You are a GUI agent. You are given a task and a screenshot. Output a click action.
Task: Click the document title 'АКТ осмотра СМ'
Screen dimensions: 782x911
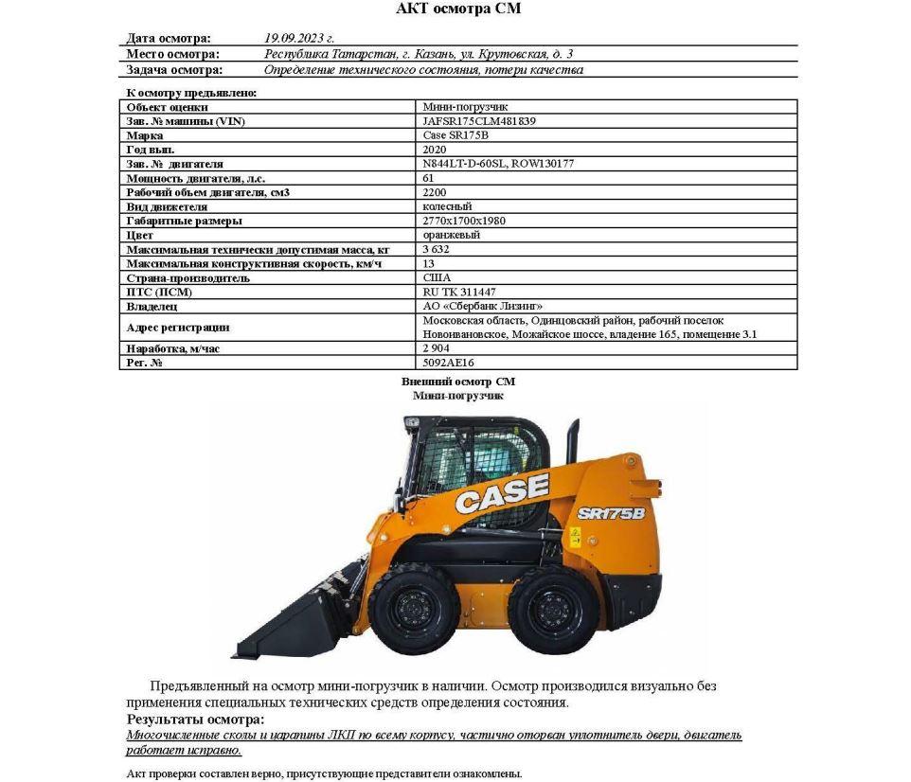pyautogui.click(x=457, y=9)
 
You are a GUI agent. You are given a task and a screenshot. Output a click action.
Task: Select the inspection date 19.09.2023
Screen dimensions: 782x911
pyautogui.click(x=299, y=39)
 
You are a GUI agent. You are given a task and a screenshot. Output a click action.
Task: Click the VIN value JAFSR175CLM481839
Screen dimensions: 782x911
pyautogui.click(x=479, y=121)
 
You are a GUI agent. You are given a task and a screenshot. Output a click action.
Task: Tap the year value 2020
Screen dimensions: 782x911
pyautogui.click(x=435, y=150)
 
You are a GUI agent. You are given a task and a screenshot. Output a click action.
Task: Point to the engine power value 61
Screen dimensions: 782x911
pyautogui.click(x=429, y=178)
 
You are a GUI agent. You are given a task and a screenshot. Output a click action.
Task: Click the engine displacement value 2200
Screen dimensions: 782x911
pyautogui.click(x=435, y=192)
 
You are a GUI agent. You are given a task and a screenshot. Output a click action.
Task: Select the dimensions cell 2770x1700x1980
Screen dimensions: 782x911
pyautogui.click(x=467, y=221)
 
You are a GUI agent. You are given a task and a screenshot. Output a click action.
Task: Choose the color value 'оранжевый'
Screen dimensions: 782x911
pyautogui.click(x=451, y=235)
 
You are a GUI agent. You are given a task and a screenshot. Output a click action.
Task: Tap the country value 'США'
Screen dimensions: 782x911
pyautogui.click(x=437, y=278)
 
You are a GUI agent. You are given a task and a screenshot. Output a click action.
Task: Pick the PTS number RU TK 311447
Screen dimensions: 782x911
pyautogui.click(x=459, y=293)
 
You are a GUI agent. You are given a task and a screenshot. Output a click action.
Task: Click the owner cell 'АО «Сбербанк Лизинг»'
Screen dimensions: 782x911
pyautogui.click(x=482, y=307)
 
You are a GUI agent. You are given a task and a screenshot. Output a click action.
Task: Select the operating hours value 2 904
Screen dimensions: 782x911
pyautogui.click(x=436, y=348)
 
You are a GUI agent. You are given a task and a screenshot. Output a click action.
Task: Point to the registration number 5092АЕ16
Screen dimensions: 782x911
pyautogui.click(x=449, y=363)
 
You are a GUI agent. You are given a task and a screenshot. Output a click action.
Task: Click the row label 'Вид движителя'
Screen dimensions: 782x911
pyautogui.click(x=167, y=206)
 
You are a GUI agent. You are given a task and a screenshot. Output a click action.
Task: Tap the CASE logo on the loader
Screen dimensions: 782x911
pyautogui.click(x=502, y=492)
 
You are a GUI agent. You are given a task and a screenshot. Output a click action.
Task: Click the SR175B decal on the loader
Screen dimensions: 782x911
pyautogui.click(x=611, y=513)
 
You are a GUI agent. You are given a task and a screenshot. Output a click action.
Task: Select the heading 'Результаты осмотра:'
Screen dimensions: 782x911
pyautogui.click(x=184, y=720)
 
